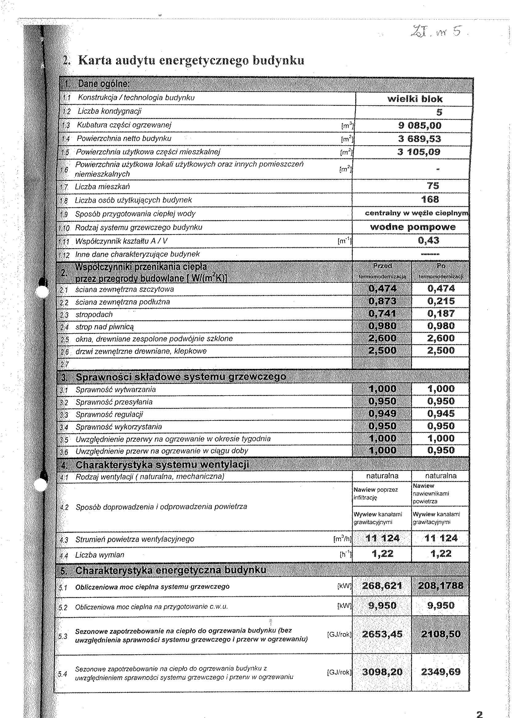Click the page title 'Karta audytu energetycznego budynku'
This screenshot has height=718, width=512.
191,60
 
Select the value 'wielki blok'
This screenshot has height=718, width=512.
414,99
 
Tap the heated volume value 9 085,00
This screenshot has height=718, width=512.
420,126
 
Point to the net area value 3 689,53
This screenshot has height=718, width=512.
420,139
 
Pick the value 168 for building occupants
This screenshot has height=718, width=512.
430,199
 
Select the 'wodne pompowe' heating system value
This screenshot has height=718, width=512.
413,227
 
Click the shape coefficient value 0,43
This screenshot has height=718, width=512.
428,241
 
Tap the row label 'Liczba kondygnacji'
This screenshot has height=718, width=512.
110,111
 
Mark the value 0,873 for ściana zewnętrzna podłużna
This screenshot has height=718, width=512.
382,301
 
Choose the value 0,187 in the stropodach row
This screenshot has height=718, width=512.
441,313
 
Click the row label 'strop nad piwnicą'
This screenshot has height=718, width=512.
105,327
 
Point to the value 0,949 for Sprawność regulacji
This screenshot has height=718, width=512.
382,413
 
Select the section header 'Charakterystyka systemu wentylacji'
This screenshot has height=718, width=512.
162,465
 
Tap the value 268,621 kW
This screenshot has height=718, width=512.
382,586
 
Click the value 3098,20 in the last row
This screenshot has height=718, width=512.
382,672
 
